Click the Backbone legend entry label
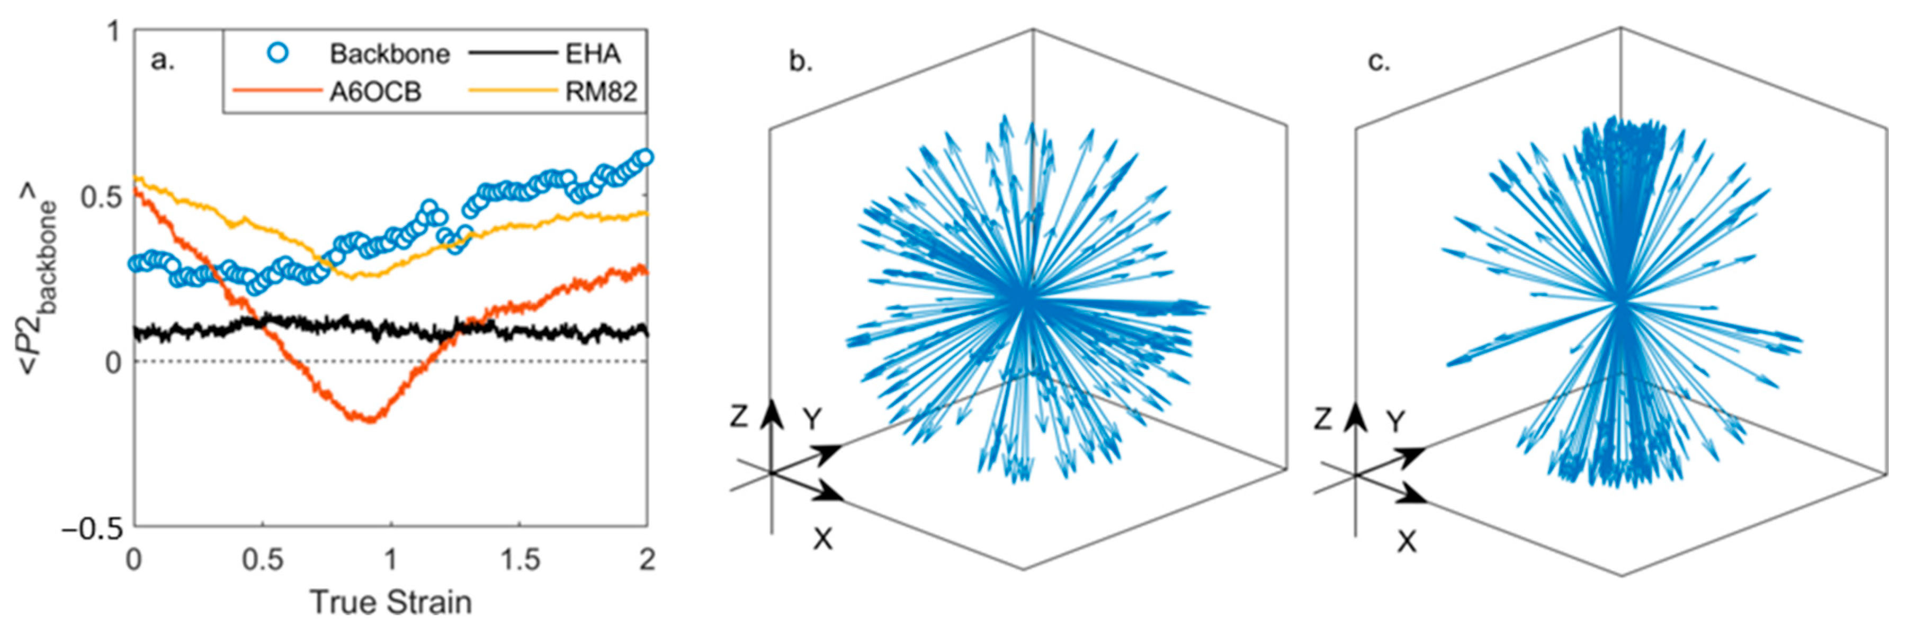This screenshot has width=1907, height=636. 389,54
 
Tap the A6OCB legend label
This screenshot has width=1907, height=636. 375,92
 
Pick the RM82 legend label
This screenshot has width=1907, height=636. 601,92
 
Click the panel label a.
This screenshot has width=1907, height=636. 162,59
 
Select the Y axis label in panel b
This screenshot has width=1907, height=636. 813,420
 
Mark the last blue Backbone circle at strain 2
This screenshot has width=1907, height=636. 645,157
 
